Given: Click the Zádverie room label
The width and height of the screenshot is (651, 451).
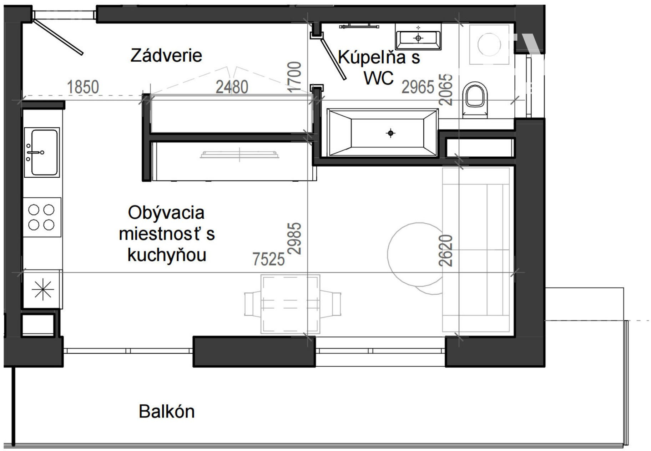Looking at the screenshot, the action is pyautogui.click(x=166, y=56).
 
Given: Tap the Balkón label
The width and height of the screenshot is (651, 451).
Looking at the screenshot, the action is pyautogui.click(x=167, y=411).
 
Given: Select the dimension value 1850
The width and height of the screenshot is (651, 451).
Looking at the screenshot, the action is pyautogui.click(x=83, y=87).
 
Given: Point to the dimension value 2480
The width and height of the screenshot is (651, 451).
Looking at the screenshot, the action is pyautogui.click(x=232, y=87).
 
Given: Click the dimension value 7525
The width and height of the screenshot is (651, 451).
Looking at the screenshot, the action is pyautogui.click(x=269, y=259).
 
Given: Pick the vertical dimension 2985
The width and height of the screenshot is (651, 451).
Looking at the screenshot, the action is pyautogui.click(x=295, y=238).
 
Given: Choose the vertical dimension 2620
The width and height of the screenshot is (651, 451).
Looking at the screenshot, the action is pyautogui.click(x=446, y=250).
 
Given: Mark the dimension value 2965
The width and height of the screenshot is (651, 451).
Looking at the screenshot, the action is pyautogui.click(x=418, y=87).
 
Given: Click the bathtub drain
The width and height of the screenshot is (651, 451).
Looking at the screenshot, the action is pyautogui.click(x=391, y=133).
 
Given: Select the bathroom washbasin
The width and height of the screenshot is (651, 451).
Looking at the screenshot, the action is pyautogui.click(x=418, y=36).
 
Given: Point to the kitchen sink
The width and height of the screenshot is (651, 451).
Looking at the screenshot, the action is pyautogui.click(x=42, y=152).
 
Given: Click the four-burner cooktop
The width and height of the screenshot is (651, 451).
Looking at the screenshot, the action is pyautogui.click(x=42, y=217).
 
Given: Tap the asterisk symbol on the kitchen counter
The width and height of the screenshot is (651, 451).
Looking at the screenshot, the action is pyautogui.click(x=43, y=289).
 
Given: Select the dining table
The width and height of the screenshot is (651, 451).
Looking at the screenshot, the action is pyautogui.click(x=290, y=304).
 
